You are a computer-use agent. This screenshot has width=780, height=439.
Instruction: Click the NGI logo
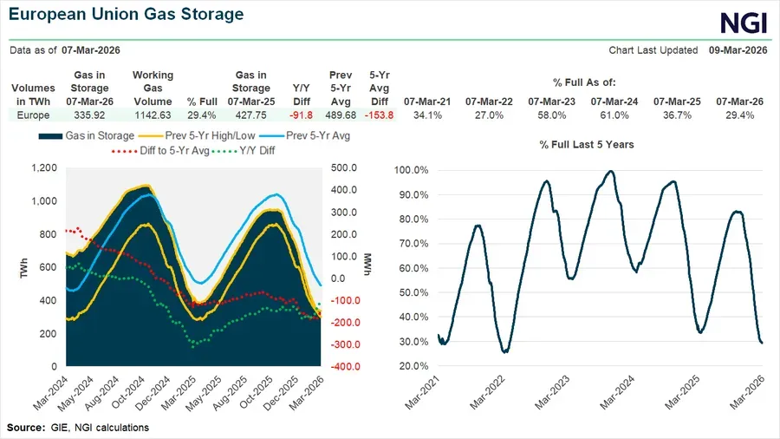744,22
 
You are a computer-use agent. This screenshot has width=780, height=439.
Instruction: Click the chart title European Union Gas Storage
127,15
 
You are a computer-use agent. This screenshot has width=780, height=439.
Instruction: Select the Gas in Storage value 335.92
90,115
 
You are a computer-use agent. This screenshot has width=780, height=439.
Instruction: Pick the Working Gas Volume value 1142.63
153,115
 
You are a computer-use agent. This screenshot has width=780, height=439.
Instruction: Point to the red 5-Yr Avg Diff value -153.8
379,115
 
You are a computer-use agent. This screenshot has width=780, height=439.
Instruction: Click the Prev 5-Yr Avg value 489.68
340,115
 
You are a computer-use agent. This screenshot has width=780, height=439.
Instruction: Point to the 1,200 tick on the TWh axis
44,168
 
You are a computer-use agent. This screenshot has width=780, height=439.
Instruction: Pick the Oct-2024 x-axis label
140,395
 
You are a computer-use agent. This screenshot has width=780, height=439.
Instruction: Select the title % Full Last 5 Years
586,144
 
